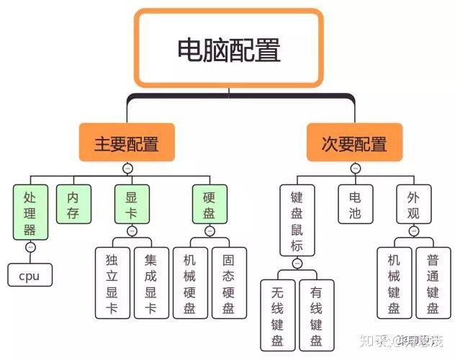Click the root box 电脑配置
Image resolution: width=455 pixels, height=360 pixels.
point(228,48)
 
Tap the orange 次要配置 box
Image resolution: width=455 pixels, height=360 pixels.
point(354,143)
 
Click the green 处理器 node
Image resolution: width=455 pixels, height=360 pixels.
point(30,212)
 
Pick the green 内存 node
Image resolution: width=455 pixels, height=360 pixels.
point(73,204)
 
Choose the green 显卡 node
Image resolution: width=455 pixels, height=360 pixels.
point(131,204)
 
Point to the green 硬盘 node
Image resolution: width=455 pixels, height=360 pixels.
point(210,204)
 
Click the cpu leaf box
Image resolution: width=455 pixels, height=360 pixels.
point(30,275)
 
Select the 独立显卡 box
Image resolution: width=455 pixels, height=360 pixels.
point(112,282)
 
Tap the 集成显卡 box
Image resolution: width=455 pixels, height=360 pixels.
point(150,282)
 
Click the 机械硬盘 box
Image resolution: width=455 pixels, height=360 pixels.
point(190,282)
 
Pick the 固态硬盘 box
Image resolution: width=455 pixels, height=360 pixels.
point(228,282)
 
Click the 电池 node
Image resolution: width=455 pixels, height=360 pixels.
point(355,204)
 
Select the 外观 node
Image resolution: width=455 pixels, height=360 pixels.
point(413,204)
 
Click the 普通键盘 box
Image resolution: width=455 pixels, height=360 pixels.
point(433,282)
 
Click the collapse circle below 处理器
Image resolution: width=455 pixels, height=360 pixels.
point(30,247)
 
